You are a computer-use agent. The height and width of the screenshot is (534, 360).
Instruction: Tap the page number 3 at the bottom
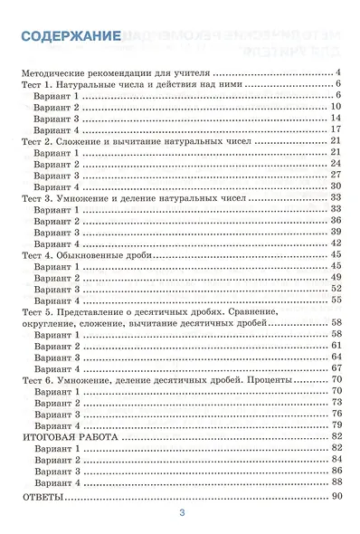182,515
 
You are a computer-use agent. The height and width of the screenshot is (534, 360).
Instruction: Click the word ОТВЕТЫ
41,498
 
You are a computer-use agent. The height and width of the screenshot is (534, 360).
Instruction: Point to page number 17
335,129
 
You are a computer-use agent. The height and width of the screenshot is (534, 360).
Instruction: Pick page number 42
335,243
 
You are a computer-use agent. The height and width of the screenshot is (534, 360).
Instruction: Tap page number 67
335,368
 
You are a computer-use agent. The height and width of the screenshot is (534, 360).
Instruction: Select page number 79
335,424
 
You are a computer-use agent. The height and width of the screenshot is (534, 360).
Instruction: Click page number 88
335,482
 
